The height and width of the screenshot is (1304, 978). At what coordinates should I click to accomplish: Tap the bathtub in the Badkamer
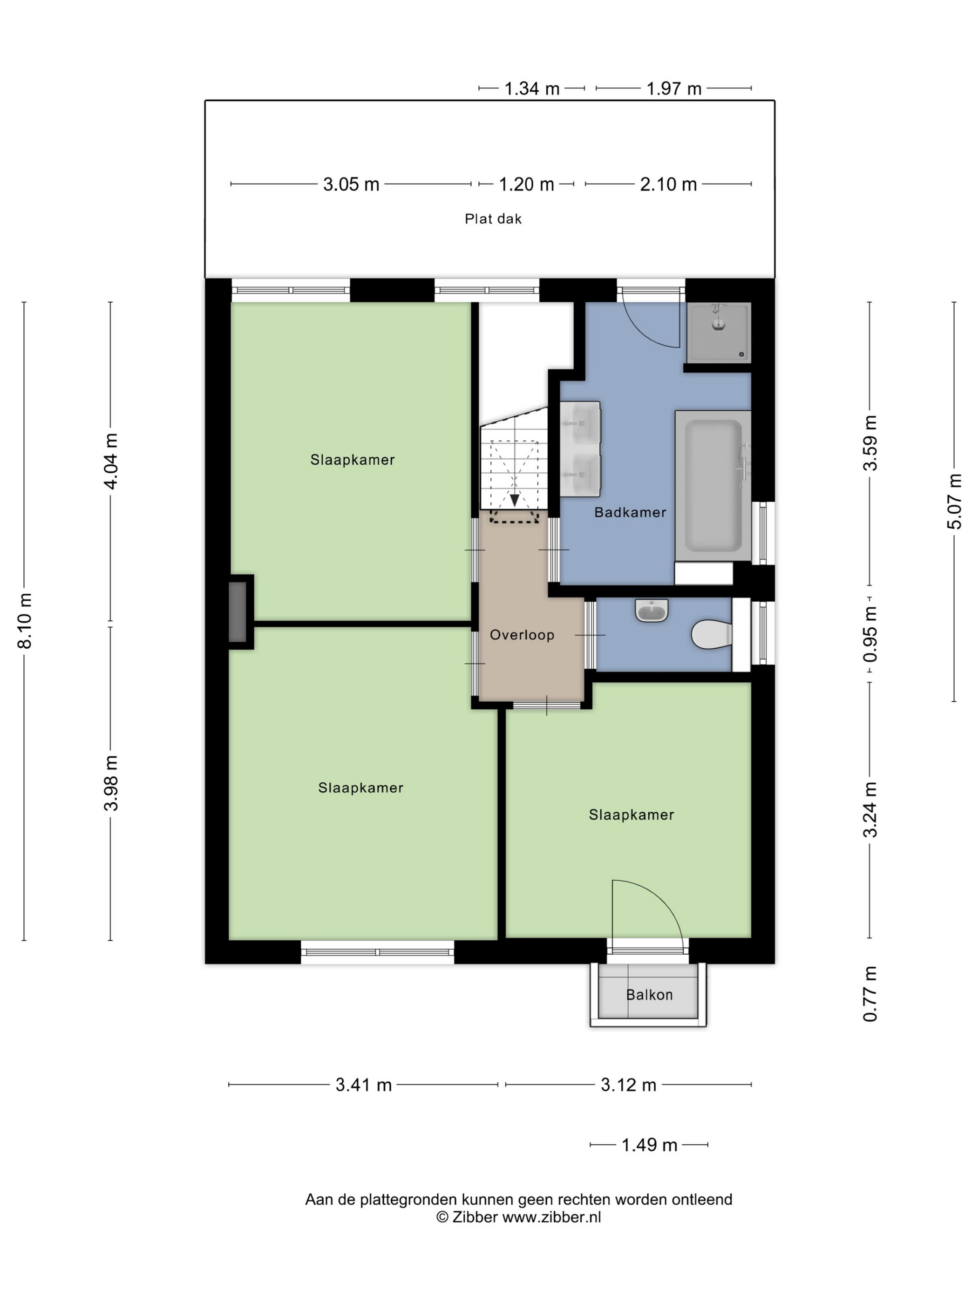coord(713,485)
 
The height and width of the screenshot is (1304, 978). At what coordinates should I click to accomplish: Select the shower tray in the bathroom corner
coord(719,333)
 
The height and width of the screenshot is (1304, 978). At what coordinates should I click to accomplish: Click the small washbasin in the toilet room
coord(652,610)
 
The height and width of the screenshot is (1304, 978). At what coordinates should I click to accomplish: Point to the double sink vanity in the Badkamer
coord(580,448)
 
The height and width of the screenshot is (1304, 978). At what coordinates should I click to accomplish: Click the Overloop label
coord(522,635)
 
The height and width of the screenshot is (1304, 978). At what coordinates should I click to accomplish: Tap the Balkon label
coord(649,994)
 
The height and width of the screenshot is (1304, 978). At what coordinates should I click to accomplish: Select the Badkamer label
coord(630,512)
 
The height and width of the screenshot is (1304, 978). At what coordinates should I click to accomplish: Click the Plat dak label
coord(493,219)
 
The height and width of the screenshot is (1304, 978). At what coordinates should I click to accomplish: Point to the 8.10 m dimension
coord(25,621)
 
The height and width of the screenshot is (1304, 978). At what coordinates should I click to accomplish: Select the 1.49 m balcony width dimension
coord(649,1145)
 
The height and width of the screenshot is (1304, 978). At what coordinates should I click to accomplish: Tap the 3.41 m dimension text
coord(364,1085)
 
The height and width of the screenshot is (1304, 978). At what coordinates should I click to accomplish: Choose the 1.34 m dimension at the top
coord(532,88)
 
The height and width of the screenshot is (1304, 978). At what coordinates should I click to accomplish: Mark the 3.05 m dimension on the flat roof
coord(351,184)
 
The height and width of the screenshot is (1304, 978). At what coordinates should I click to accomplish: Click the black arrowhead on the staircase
coord(515,500)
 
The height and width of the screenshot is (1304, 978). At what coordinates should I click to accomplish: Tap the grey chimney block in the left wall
coord(238,612)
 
